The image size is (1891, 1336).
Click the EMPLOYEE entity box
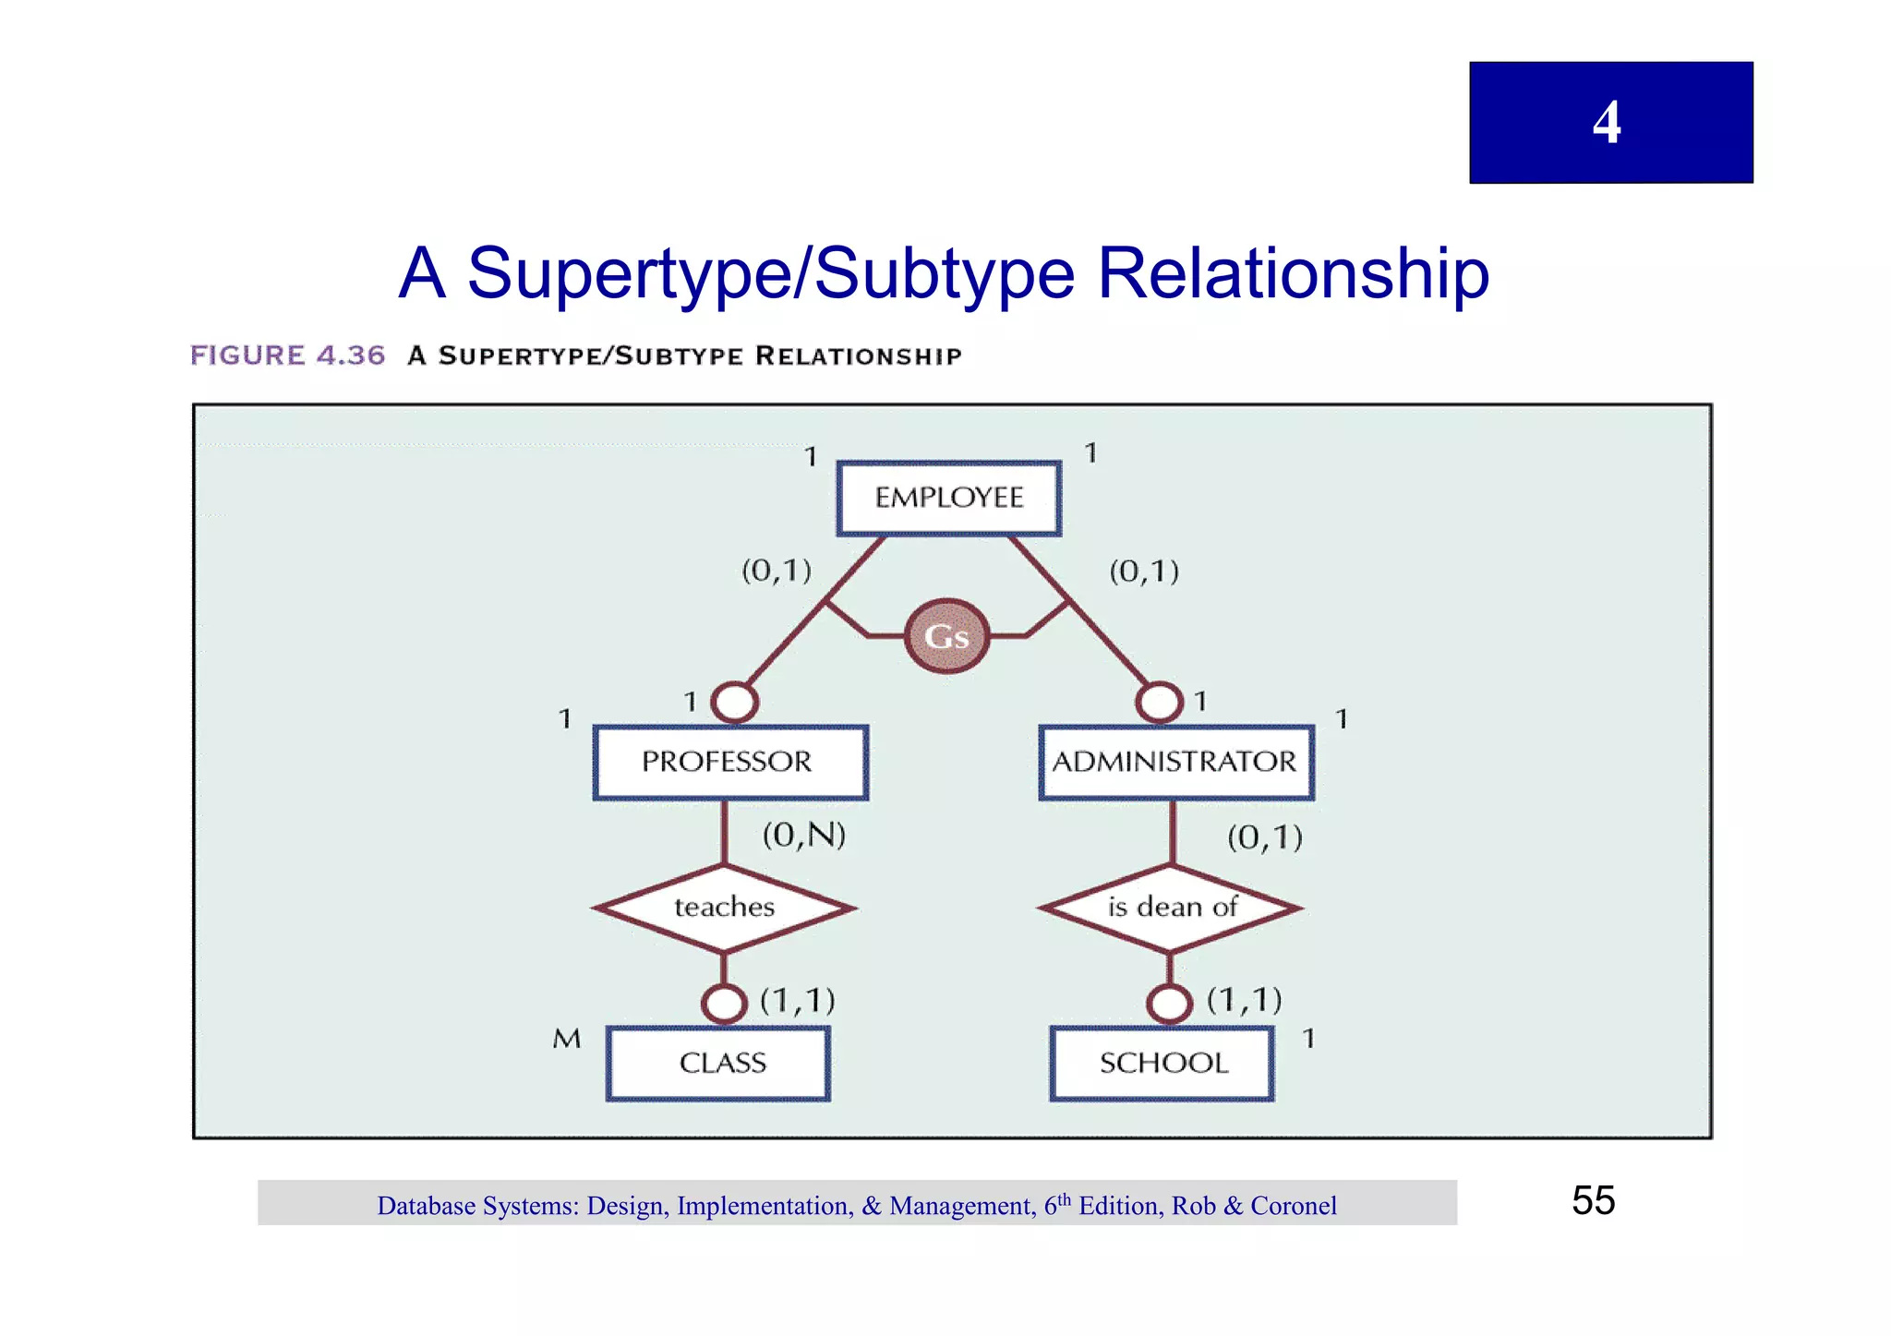(x=949, y=499)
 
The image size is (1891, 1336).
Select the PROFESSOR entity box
(x=729, y=763)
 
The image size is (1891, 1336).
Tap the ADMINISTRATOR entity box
(x=1175, y=763)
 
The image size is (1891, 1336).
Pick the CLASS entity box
(x=718, y=1064)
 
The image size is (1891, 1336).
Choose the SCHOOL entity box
(x=1162, y=1064)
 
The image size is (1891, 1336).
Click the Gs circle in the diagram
(x=946, y=637)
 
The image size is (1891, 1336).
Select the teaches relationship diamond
(x=725, y=908)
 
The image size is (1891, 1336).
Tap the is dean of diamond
(x=1171, y=908)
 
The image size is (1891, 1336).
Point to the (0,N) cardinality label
(x=804, y=836)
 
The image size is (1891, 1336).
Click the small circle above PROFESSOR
(x=735, y=703)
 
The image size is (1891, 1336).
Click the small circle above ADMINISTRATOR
(x=1159, y=703)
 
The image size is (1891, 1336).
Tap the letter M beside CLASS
(x=567, y=1040)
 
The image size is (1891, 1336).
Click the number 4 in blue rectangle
(x=1607, y=123)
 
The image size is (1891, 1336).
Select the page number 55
(x=1593, y=1201)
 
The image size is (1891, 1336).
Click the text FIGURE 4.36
(x=287, y=355)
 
